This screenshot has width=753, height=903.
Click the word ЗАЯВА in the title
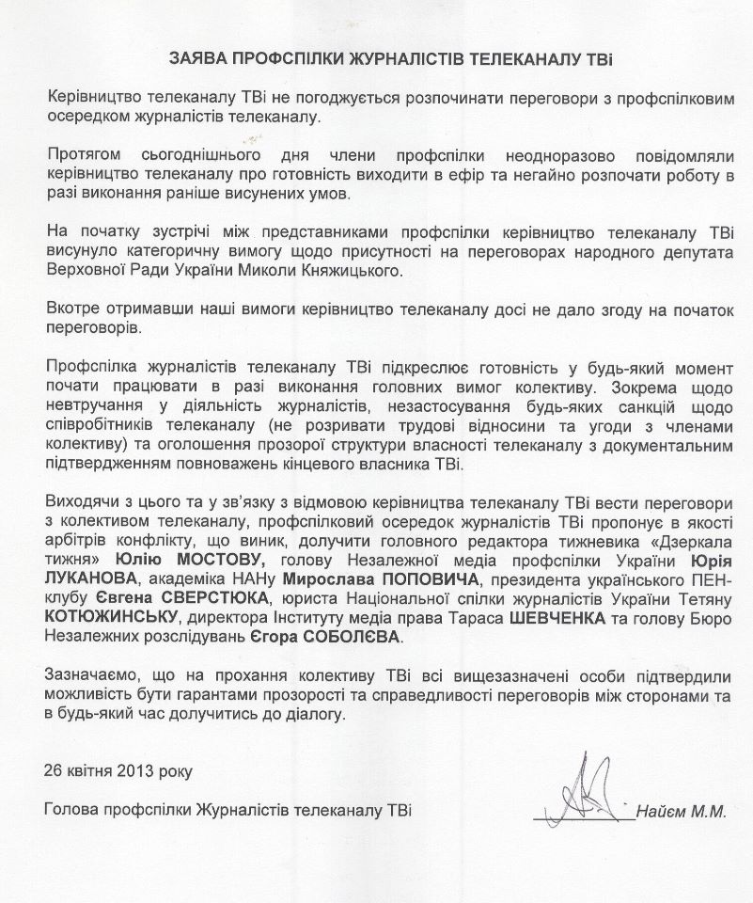click(200, 58)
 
